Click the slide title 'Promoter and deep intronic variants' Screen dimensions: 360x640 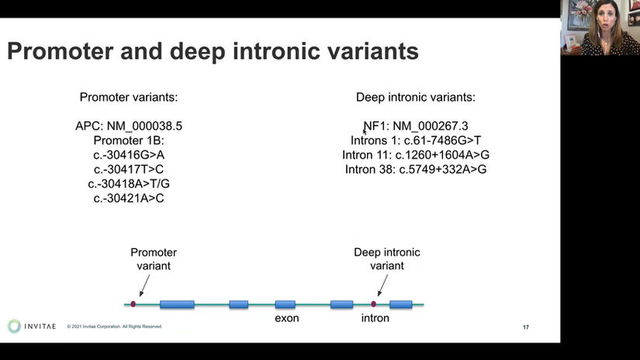pyautogui.click(x=213, y=52)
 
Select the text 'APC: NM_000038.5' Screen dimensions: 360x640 pyautogui.click(x=129, y=126)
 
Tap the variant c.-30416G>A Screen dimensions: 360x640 pyautogui.click(x=129, y=154)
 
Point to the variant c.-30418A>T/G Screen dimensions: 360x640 pyautogui.click(x=129, y=184)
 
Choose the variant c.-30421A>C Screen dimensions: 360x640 pyautogui.click(x=129, y=199)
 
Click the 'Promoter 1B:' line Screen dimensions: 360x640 pyautogui.click(x=129, y=140)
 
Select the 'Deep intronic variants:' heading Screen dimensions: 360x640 pyautogui.click(x=416, y=98)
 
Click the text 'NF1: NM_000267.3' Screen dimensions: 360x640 pyautogui.click(x=416, y=126)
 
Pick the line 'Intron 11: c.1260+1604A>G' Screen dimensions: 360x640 pyautogui.click(x=416, y=154)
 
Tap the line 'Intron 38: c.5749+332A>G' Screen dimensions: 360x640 pyautogui.click(x=416, y=169)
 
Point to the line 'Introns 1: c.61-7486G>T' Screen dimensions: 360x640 pyautogui.click(x=416, y=140)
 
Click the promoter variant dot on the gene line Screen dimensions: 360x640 pyautogui.click(x=133, y=304)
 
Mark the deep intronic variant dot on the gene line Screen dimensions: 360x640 pyautogui.click(x=374, y=304)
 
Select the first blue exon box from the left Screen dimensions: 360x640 pyautogui.click(x=177, y=304)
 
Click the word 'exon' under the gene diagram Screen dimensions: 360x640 pyautogui.click(x=286, y=318)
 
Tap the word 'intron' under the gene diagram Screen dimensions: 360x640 pyautogui.click(x=375, y=318)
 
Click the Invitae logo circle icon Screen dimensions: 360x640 pyautogui.click(x=14, y=327)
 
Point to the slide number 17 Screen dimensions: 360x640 pyautogui.click(x=526, y=327)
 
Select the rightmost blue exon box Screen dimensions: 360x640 pyautogui.click(x=400, y=304)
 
